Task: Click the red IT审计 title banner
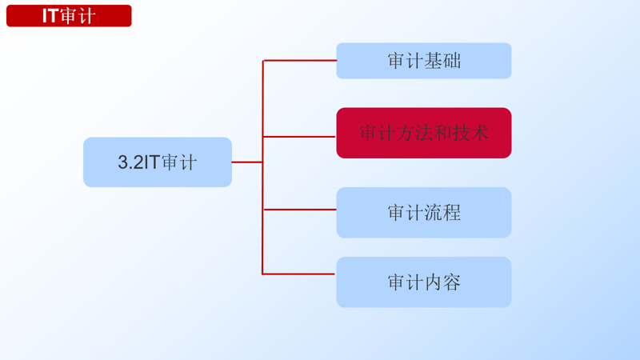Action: (x=69, y=16)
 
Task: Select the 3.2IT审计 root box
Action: (x=158, y=162)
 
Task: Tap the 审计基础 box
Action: (x=424, y=61)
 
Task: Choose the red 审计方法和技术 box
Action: (x=424, y=133)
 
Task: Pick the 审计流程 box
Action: (x=424, y=213)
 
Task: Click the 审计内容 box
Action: (x=424, y=282)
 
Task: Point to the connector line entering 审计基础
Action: (x=299, y=61)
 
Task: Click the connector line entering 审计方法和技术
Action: (x=299, y=137)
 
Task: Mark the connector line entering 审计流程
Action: (x=299, y=210)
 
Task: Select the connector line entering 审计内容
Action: (x=299, y=274)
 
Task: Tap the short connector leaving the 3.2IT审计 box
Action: (x=247, y=162)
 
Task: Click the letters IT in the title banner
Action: (x=50, y=16)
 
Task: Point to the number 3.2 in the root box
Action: (x=130, y=162)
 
